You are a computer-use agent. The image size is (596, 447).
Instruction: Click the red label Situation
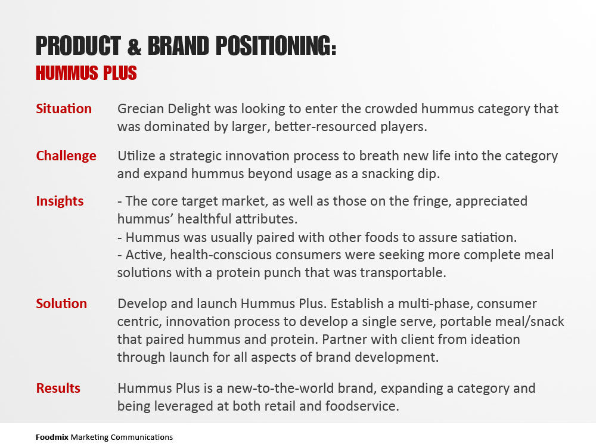click(64, 108)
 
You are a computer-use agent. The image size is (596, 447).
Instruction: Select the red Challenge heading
click(66, 156)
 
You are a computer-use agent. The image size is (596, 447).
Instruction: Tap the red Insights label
click(60, 201)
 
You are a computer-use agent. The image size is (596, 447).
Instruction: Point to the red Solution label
click(61, 304)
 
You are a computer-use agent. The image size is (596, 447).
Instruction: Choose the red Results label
click(58, 388)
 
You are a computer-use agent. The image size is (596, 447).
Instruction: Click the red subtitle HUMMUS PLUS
click(86, 73)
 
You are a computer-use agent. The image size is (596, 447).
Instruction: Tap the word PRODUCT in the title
click(78, 46)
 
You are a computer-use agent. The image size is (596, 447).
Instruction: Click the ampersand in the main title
click(134, 46)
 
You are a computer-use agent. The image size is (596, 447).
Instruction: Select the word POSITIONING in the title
click(276, 46)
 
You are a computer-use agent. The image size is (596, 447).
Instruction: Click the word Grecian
click(141, 108)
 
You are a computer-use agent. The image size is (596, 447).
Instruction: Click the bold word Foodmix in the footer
click(52, 437)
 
